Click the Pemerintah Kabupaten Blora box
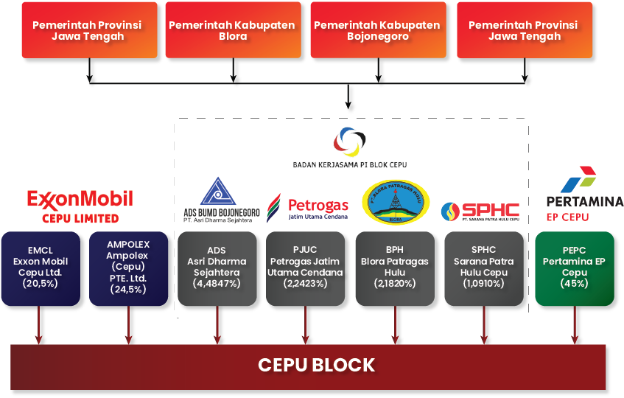pos(232,30)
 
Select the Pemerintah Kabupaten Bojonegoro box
pos(377,30)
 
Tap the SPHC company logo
pos(480,212)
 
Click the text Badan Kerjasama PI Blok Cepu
pos(349,164)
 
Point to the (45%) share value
pos(574,283)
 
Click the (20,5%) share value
pos(41,283)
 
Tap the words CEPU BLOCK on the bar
pos(316,365)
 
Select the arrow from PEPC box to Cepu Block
pos(575,324)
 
